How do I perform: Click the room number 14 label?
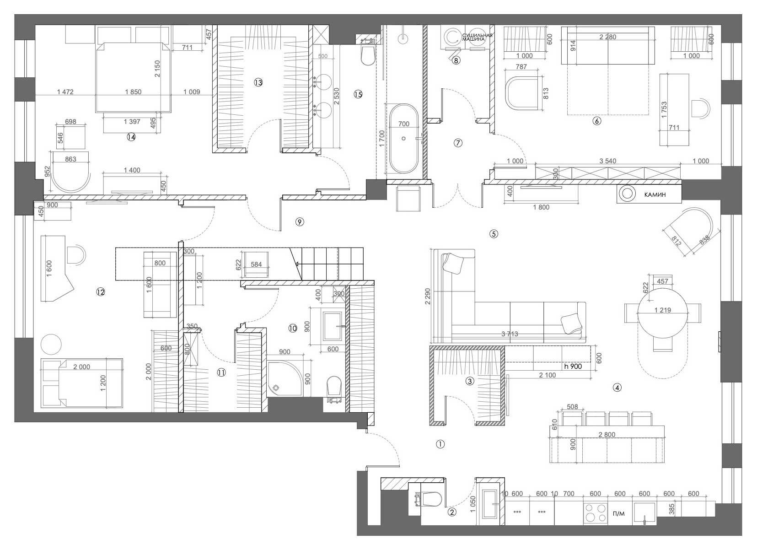pos(131,136)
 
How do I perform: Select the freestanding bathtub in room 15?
pos(403,138)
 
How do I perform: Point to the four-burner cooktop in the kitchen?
pos(595,512)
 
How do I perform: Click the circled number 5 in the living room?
pos(493,234)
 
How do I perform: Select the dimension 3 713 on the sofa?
pos(510,334)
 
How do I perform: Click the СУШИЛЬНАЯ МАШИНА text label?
pos(477,38)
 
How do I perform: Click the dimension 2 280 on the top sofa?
pos(607,38)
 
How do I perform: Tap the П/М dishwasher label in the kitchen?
pos(618,514)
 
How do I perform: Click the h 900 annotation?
pos(573,366)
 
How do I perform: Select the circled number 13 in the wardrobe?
pos(258,82)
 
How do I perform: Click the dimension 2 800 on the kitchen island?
pos(607,435)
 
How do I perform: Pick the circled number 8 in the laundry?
pos(456,59)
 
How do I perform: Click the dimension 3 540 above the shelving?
pos(607,161)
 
